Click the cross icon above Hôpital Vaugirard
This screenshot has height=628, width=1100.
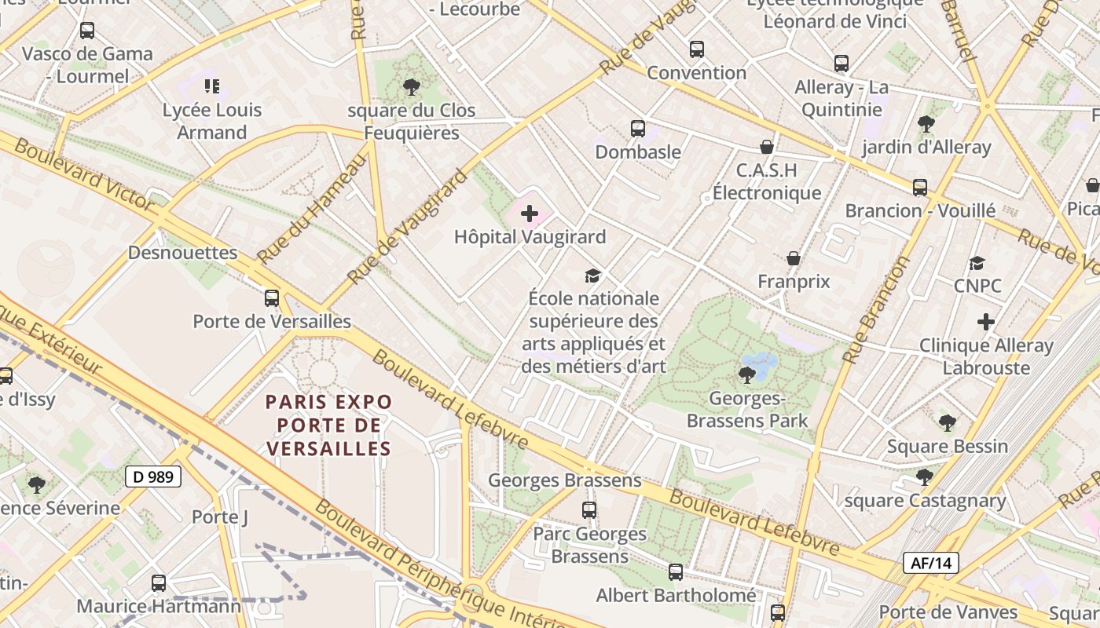coord(530,213)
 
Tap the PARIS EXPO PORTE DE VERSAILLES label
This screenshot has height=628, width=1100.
coord(328,425)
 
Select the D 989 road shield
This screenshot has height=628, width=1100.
coord(153,476)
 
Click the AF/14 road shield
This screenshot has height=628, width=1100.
coord(931,562)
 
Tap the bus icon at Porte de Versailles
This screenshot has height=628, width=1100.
coord(272,298)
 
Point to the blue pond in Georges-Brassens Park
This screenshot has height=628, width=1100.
coord(760,364)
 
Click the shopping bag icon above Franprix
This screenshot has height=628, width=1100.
coord(794,257)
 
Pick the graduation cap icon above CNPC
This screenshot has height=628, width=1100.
coord(977,263)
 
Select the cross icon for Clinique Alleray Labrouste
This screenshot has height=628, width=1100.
coord(986,322)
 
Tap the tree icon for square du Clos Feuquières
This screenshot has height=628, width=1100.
coord(411,86)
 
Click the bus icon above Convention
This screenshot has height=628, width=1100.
coord(696,49)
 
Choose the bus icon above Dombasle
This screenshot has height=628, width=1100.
coord(638,128)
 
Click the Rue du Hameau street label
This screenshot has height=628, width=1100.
coord(311,208)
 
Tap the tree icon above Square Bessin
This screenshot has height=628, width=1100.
coord(948,423)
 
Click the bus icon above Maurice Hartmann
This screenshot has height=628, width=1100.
coord(159,582)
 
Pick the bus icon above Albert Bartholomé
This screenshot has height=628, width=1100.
coord(676,572)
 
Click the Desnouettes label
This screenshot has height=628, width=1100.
coord(182,253)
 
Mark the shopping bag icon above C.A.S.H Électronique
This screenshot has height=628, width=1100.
coord(767,147)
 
